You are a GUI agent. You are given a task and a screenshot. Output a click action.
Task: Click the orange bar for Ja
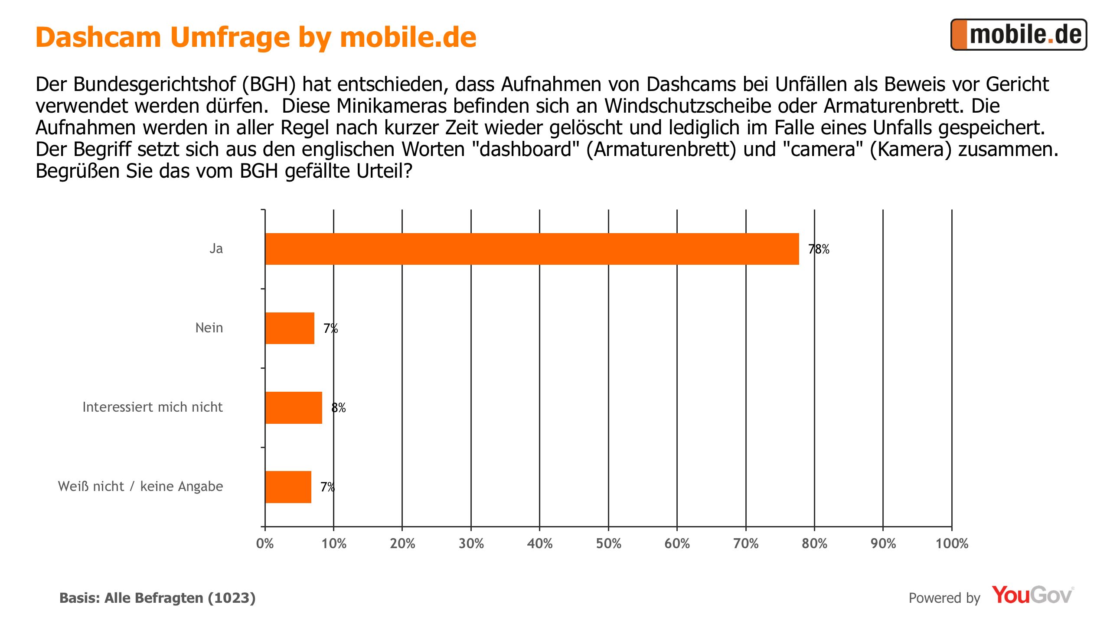click(x=532, y=249)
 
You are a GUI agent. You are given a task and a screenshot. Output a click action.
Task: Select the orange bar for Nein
click(x=290, y=328)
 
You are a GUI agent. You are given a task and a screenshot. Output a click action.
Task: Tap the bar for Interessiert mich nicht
click(x=294, y=407)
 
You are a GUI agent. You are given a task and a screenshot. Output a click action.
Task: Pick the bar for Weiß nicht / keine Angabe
click(x=288, y=487)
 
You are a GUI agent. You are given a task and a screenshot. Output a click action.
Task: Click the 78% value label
click(x=819, y=249)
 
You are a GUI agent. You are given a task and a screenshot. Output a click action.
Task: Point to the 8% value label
click(x=339, y=408)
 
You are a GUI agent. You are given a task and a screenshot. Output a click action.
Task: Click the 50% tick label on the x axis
click(x=608, y=544)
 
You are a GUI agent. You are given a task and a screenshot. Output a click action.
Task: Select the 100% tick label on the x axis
click(x=952, y=544)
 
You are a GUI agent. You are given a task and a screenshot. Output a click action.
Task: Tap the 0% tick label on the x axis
click(x=265, y=544)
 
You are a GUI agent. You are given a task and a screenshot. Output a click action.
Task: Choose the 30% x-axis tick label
click(x=471, y=544)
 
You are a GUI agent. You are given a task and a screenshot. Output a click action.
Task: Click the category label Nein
click(x=209, y=328)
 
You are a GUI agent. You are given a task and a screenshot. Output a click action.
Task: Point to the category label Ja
click(x=216, y=248)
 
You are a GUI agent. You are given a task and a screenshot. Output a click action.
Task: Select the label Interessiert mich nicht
click(x=152, y=407)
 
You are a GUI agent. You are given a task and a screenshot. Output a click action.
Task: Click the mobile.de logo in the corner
click(x=1019, y=35)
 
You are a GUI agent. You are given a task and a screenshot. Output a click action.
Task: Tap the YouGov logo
click(x=1032, y=595)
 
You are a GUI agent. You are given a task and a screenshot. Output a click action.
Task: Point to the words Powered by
click(x=944, y=598)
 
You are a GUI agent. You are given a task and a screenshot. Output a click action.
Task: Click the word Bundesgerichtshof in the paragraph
click(x=155, y=84)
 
